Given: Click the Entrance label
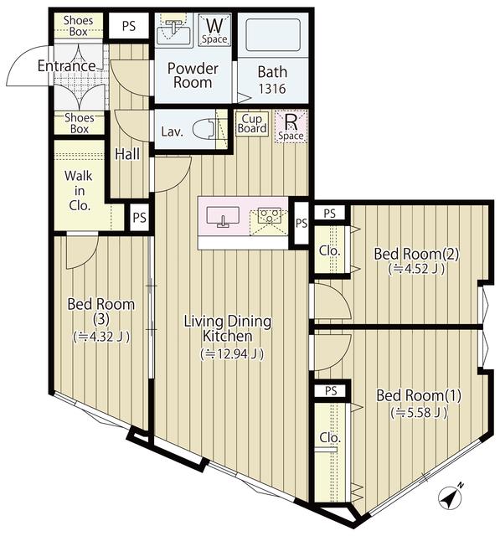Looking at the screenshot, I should pyautogui.click(x=66, y=66).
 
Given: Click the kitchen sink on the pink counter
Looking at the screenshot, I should pyautogui.click(x=223, y=216).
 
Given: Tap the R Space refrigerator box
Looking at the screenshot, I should pyautogui.click(x=291, y=126).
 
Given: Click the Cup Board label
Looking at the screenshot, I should pyautogui.click(x=252, y=124).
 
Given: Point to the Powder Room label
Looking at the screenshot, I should pyautogui.click(x=192, y=75).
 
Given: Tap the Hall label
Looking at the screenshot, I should pyautogui.click(x=128, y=153).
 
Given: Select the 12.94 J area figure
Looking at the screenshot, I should pyautogui.click(x=233, y=354).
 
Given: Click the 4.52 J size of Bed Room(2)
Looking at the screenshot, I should pyautogui.click(x=416, y=270).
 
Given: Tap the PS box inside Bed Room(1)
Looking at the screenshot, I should pyautogui.click(x=330, y=390).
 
